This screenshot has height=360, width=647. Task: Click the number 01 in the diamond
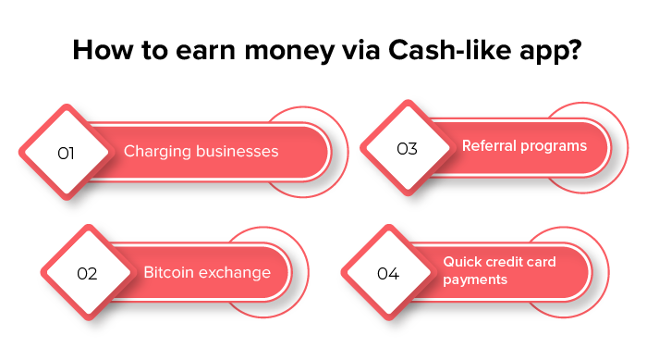(x=66, y=153)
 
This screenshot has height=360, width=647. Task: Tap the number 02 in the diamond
(x=87, y=274)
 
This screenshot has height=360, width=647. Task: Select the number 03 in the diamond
(x=407, y=148)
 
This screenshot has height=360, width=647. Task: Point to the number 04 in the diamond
(x=388, y=274)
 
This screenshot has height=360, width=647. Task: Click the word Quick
(x=463, y=263)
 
